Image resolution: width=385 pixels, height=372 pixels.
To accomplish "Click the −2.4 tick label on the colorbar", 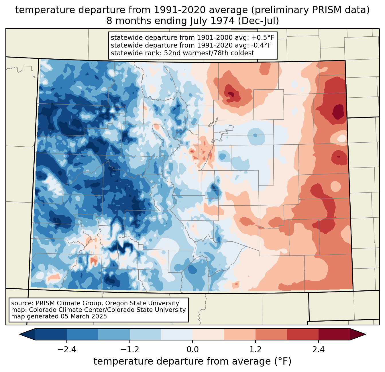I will [67, 350].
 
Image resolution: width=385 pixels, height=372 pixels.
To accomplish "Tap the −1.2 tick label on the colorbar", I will [129, 350].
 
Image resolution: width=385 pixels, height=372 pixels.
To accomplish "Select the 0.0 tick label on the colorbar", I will [192, 350].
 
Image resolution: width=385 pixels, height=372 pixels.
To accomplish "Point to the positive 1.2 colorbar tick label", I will [256, 350].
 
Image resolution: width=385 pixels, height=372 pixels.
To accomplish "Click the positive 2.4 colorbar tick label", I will [318, 350].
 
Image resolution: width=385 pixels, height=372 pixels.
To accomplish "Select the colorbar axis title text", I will [192, 361].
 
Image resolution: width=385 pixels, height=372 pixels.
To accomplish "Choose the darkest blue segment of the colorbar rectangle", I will [51, 334].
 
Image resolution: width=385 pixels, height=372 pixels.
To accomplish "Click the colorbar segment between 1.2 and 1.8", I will [271, 334].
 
